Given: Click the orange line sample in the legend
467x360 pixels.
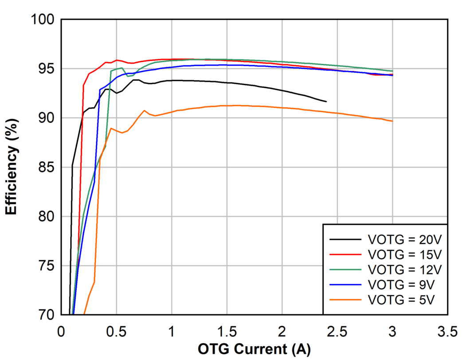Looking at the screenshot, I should pos(345,300).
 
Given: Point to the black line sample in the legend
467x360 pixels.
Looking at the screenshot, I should pos(345,240).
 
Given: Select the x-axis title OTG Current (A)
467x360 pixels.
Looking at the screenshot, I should pos(254,349).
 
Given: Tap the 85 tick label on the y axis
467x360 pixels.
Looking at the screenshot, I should pos(46,168).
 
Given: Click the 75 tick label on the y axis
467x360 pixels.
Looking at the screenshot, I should pos(46,266).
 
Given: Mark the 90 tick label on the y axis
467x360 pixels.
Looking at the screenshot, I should pos(46,118).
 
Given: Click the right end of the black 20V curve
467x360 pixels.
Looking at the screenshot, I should pos(326,102).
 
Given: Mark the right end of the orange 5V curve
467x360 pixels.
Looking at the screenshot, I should pos(392,121).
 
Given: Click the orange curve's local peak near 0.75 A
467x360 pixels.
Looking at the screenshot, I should pos(144,110).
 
